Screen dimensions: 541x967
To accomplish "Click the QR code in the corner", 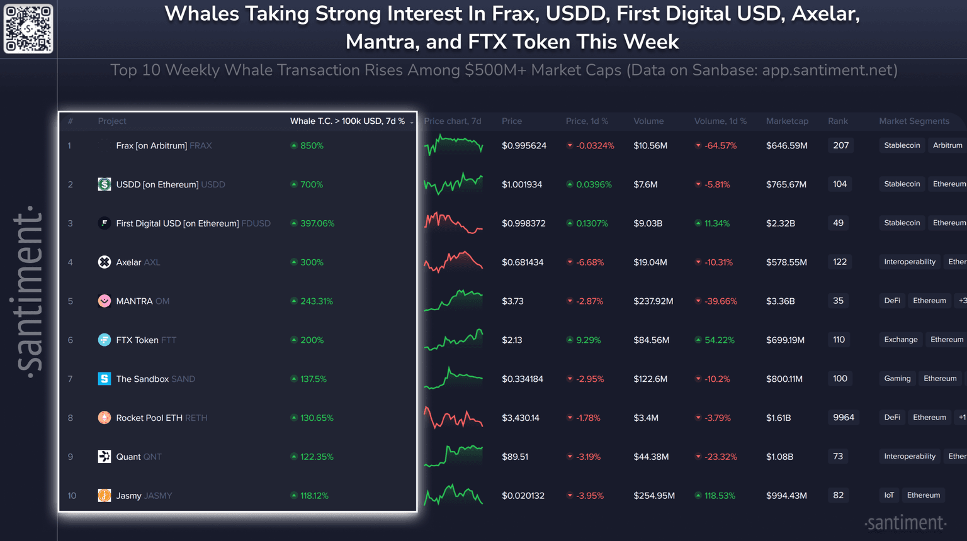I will (x=28, y=29).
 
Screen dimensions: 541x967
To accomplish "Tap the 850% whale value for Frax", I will (x=311, y=145).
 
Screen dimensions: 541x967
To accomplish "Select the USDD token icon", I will (x=105, y=184).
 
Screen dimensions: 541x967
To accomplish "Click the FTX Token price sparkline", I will (x=453, y=340).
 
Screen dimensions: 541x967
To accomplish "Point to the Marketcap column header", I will (x=787, y=121).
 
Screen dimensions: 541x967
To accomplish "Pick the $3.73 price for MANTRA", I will (x=512, y=301).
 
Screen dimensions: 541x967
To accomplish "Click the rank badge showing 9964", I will (x=843, y=417).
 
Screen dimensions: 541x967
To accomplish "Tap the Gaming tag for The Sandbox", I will (x=897, y=378).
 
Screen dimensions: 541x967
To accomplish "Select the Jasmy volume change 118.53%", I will (x=719, y=495).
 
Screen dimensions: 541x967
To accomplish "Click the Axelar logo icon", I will (x=105, y=262).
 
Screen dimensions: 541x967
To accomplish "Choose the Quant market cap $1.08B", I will (x=779, y=456).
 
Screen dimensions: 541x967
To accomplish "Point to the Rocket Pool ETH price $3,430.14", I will (x=520, y=418).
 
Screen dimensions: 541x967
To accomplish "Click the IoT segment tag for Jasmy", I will (x=889, y=495).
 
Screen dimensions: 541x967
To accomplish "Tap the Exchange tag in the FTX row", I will (x=900, y=340).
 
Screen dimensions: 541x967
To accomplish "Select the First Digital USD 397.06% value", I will (x=317, y=223).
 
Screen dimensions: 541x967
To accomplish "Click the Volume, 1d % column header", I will (x=720, y=121).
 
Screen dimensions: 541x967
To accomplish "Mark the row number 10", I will (x=72, y=496).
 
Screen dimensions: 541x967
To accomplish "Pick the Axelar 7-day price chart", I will (x=453, y=262).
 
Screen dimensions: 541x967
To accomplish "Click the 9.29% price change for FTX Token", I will (x=588, y=340).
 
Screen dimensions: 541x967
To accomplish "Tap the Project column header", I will (x=112, y=121).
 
